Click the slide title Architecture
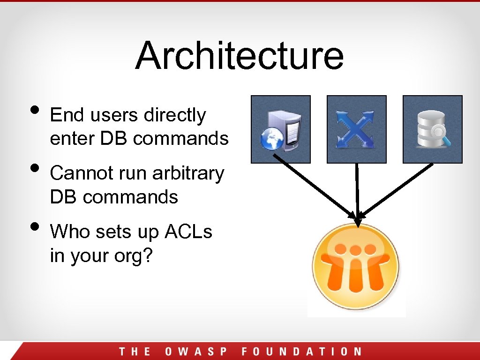(240, 55)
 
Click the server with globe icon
(280, 129)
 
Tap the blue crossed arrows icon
(356, 129)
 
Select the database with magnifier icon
(432, 129)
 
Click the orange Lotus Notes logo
(357, 266)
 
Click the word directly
(175, 115)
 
